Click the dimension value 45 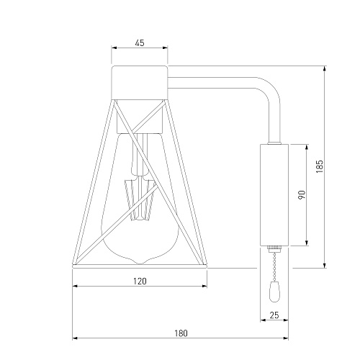point(140,43)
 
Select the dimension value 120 point(140,281)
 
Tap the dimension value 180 point(181,333)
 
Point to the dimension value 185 point(320,166)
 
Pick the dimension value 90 point(302,194)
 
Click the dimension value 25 point(274,315)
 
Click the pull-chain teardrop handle point(274,292)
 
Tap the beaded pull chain point(274,266)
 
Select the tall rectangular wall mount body point(274,195)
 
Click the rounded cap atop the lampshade point(140,82)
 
